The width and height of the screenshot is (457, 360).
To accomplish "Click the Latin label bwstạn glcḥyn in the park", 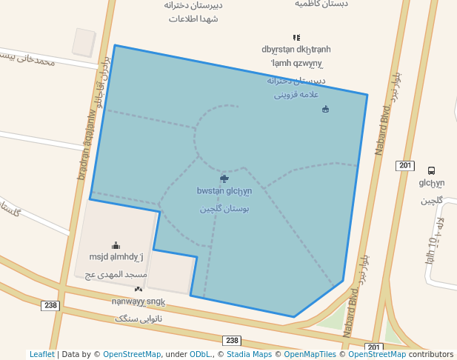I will [x=224, y=191].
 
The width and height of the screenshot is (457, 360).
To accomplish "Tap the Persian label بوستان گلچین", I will [x=224, y=209].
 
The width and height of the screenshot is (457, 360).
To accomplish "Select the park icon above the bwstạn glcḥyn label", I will [x=224, y=179].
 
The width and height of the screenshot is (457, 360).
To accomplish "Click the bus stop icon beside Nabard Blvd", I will [x=432, y=170].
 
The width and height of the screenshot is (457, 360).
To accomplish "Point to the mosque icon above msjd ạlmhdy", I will [x=116, y=245].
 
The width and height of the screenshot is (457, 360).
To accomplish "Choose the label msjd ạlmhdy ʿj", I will [x=116, y=258].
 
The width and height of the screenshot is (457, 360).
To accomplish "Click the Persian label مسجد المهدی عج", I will [x=116, y=274].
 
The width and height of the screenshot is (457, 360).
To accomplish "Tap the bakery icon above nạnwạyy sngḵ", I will [x=139, y=289].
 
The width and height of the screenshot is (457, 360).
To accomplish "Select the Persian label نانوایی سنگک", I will [x=139, y=318].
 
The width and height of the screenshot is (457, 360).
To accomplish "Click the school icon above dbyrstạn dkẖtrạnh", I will [x=296, y=37].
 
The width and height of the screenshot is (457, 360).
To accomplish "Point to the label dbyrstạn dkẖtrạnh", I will [x=296, y=50].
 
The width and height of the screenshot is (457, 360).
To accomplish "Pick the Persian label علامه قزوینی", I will [x=296, y=94].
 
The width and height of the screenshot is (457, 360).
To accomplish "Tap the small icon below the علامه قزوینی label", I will [x=325, y=110].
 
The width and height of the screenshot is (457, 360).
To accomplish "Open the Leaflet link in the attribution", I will [x=41, y=355].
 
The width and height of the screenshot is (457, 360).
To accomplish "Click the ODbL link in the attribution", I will [x=200, y=355].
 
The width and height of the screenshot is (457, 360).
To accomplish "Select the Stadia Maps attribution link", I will [x=247, y=355].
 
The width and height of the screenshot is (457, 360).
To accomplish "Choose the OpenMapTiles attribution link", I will [x=307, y=355].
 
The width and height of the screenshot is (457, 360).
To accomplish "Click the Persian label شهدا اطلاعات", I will [x=193, y=19].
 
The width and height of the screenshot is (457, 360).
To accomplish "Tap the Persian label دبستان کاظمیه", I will [x=321, y=4].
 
